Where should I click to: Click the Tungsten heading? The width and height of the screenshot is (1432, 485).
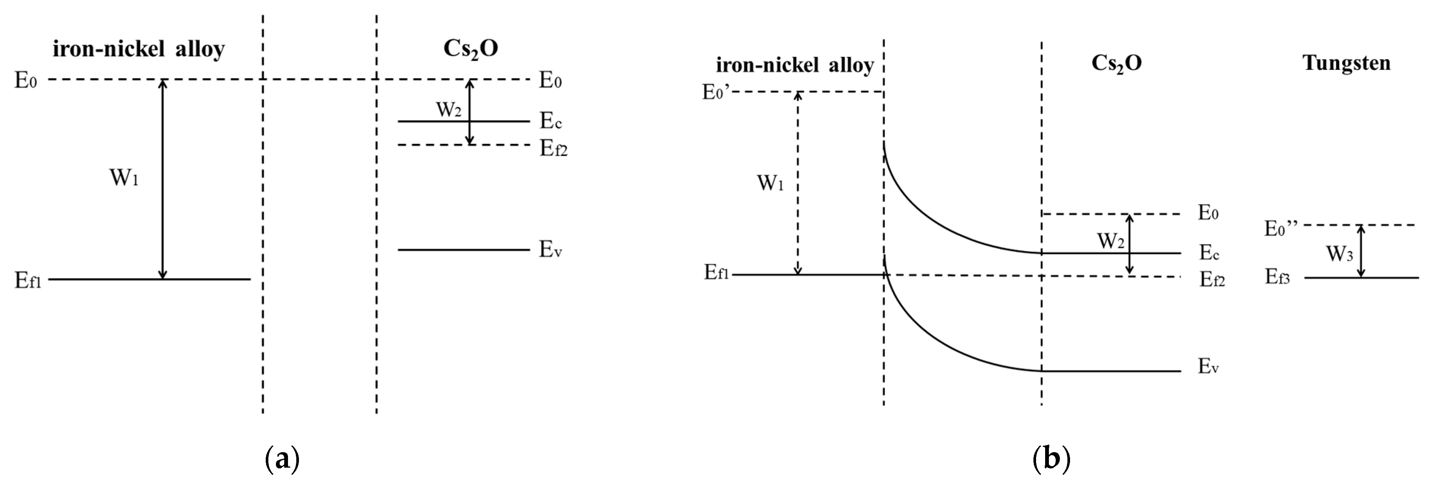[1346, 63]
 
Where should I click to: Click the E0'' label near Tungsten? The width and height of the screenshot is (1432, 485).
[1281, 228]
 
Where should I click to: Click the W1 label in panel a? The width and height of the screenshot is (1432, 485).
[123, 178]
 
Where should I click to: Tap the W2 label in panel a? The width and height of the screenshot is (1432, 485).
[448, 109]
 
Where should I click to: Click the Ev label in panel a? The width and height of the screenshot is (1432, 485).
[550, 250]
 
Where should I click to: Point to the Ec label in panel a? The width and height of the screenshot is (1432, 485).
[550, 121]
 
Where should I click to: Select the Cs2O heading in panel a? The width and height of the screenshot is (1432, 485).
[470, 49]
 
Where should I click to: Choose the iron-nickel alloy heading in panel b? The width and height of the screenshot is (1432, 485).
[795, 66]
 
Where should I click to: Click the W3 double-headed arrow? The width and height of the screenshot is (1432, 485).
[1361, 251]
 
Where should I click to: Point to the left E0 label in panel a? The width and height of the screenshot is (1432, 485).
[26, 81]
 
